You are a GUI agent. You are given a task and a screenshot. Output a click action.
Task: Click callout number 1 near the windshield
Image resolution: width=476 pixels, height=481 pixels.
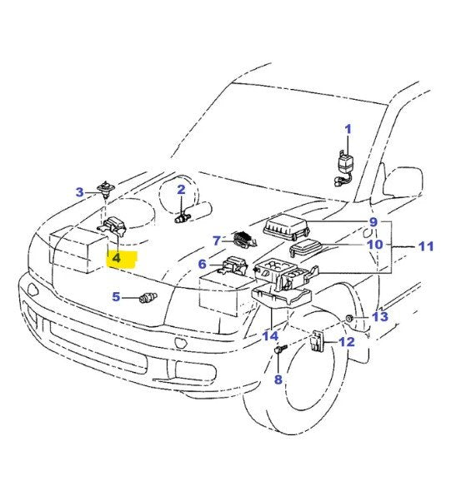coord(348,129)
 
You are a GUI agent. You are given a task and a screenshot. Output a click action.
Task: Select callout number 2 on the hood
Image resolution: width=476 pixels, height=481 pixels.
coord(181,191)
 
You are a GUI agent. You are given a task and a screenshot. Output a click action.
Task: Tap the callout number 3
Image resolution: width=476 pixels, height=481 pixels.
coord(80,192)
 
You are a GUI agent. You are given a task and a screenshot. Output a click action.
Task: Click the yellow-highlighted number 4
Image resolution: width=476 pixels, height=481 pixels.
coord(117,259)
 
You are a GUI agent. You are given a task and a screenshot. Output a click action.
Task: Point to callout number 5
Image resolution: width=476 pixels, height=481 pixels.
coord(117,295)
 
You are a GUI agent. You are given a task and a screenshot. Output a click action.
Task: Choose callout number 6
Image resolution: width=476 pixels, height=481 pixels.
coord(202,265)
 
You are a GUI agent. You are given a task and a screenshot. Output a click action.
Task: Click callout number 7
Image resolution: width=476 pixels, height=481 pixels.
coord(215,240)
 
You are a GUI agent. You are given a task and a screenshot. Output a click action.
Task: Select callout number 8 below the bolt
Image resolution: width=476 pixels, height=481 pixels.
coord(278,379)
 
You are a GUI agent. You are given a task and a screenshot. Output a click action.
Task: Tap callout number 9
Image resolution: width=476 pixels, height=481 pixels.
coord(373,222)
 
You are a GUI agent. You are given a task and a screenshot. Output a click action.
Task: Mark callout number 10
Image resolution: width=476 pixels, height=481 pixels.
coord(375,245)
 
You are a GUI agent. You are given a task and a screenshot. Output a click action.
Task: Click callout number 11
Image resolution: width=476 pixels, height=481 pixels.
coord(426,246)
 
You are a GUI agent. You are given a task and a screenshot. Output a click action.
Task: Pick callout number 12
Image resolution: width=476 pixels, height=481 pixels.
coord(347,341)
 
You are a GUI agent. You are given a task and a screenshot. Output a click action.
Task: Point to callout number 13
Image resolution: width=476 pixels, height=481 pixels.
coord(380,317)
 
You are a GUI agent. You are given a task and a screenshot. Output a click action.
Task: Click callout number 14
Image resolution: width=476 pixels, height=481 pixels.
coord(269,336)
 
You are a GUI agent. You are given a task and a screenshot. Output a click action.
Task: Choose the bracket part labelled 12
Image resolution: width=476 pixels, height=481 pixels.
coord(318,341)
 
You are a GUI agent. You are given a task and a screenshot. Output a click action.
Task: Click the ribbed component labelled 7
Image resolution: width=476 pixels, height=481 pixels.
coord(242,240)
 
